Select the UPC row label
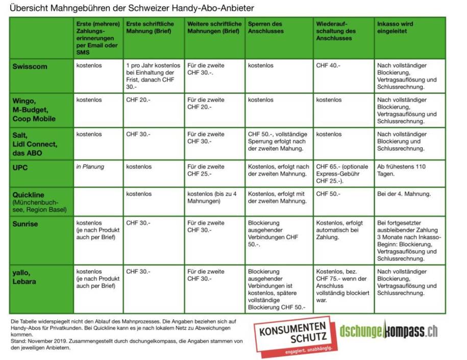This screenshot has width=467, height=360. click(22, 167)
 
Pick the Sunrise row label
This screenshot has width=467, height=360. click(26, 224)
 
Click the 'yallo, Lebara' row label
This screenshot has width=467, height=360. click(26, 276)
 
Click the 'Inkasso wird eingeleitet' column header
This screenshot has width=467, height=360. click(395, 28)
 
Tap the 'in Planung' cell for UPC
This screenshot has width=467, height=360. click(90, 167)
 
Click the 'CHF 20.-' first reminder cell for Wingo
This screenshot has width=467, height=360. click(138, 100)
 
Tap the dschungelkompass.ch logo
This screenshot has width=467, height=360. click(388, 331)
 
